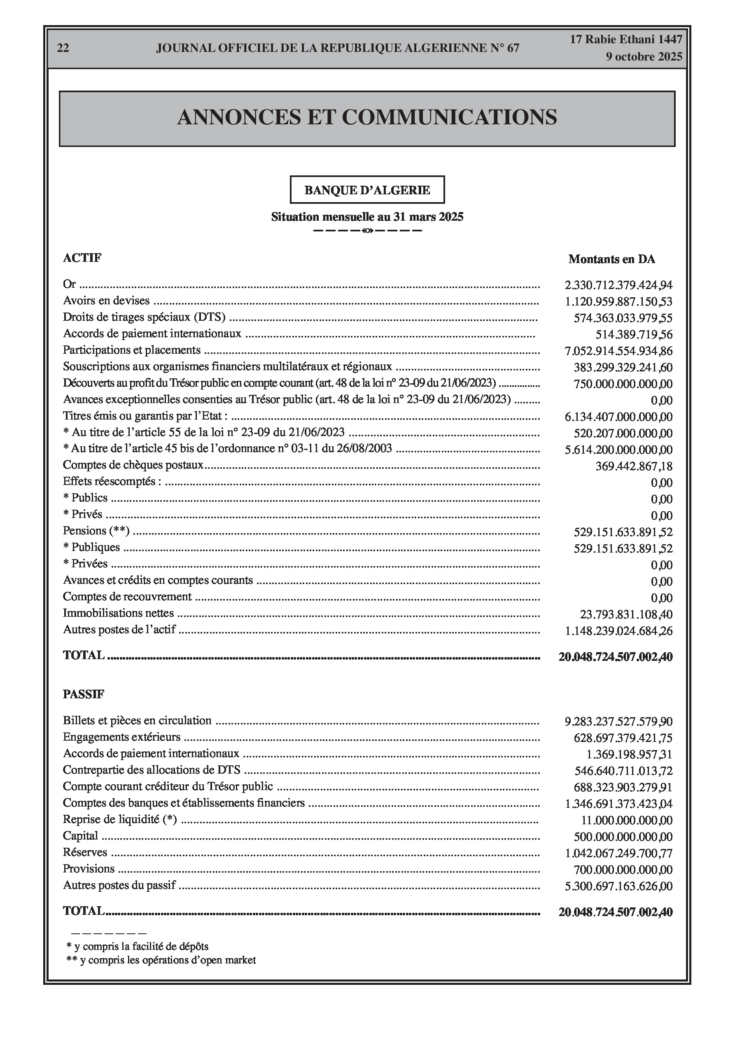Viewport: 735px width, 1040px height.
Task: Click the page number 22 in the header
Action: click(63, 48)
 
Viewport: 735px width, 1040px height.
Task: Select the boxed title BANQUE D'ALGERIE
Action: click(367, 190)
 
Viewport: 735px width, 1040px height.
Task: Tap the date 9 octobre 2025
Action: click(644, 57)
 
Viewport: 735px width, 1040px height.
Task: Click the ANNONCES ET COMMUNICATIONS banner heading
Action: click(367, 117)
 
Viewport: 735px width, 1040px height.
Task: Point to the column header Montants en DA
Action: click(612, 259)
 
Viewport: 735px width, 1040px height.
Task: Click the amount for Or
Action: click(618, 285)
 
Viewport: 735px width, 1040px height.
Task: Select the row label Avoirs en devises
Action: click(106, 300)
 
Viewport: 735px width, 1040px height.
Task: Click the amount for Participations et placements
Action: click(618, 351)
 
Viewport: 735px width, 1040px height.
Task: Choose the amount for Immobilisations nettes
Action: click(626, 615)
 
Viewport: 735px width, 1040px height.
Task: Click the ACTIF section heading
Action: click(82, 258)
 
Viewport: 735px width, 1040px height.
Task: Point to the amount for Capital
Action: click(623, 837)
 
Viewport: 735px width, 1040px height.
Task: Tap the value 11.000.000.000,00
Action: click(627, 820)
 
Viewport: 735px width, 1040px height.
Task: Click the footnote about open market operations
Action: click(161, 960)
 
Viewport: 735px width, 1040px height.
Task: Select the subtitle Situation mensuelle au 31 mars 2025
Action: click(367, 217)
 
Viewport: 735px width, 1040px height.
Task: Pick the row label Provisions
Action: click(89, 868)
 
